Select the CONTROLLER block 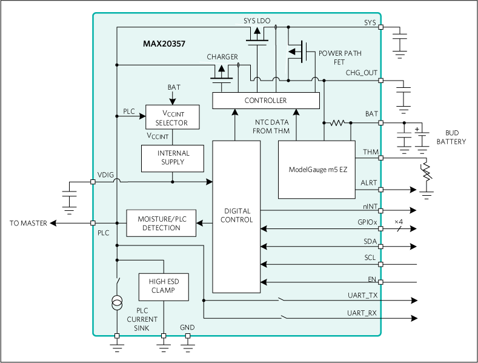coord(265,101)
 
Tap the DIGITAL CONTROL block coord(236,216)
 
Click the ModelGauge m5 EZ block coord(316,170)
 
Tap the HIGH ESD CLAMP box coord(164,286)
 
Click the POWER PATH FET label coord(340,58)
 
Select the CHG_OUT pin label coord(361,73)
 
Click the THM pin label coord(370,152)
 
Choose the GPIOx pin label coord(367,222)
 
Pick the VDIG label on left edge coord(105,176)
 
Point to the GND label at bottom coord(187,328)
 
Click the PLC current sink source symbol coord(116,303)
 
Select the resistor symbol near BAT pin coord(336,123)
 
